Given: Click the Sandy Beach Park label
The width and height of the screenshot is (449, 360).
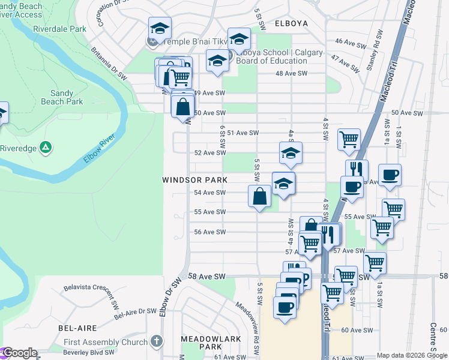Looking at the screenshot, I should point(67,97).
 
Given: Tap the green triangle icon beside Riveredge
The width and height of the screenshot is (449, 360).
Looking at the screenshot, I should point(45,147).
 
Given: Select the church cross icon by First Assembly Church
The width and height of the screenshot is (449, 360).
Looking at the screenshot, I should point(156,342).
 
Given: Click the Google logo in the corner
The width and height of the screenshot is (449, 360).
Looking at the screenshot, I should point(19,353).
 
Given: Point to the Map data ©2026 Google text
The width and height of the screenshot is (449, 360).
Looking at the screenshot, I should point(411,355).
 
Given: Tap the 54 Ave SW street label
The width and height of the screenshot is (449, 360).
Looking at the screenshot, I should point(209,193).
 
